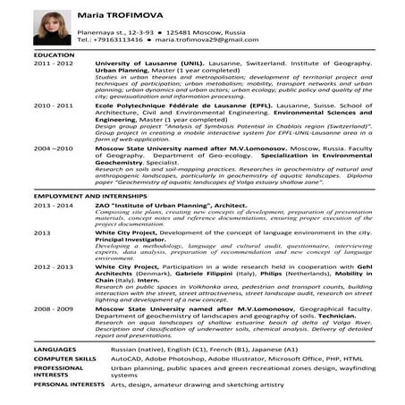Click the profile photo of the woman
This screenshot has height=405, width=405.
coord(52,27)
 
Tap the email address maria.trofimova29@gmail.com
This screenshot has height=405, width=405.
coord(204,40)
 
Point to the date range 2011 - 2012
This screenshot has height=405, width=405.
coord(54,66)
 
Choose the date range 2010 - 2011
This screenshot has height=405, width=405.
coord(54,105)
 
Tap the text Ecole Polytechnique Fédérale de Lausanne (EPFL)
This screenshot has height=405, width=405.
coord(175,105)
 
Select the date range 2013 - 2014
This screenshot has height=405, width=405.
coord(54,205)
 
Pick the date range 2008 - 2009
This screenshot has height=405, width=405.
coord(54,307)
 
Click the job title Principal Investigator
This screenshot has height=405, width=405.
coord(132,240)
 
